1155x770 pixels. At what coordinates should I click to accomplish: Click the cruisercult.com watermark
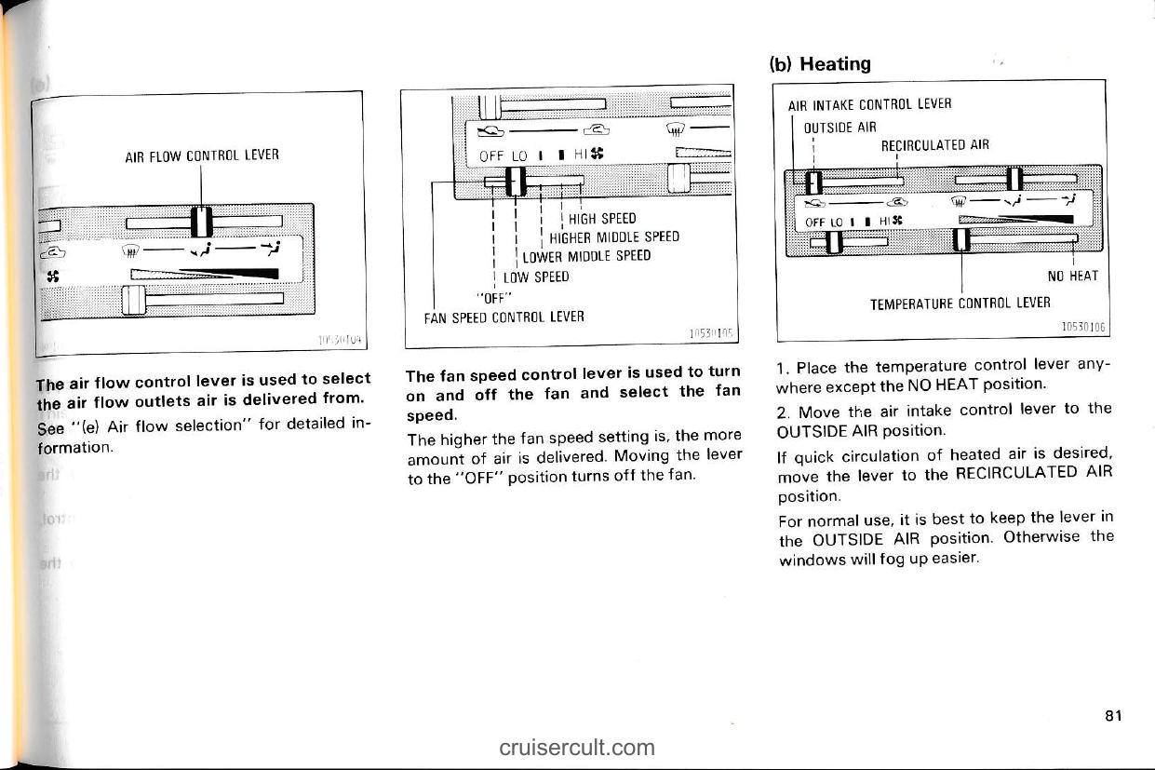click(x=576, y=747)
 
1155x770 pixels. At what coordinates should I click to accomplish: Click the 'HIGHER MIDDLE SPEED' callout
click(x=613, y=237)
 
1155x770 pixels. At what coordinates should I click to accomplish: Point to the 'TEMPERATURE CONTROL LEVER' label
click(x=960, y=303)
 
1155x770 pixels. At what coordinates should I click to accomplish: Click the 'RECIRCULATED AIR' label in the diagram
click(x=934, y=144)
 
